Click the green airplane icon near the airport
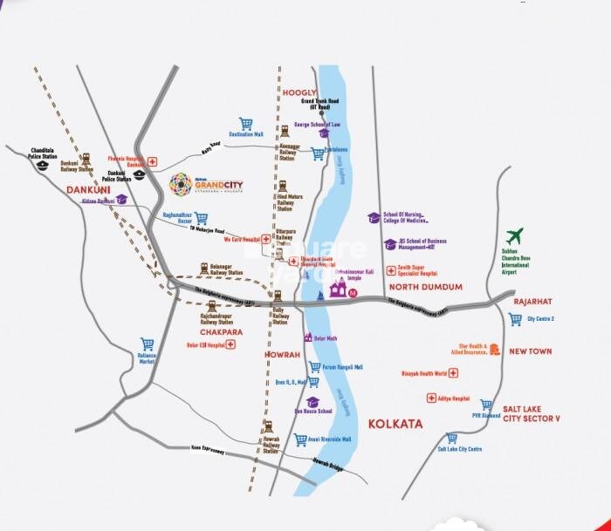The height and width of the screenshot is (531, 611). [x=514, y=235]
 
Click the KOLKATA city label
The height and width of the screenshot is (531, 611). [x=395, y=424]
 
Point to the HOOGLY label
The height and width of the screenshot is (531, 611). [x=299, y=92]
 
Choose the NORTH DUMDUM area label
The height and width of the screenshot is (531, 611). [x=426, y=287]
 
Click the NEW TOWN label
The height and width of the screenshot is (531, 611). [x=531, y=351]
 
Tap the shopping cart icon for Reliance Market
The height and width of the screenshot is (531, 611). [x=148, y=344]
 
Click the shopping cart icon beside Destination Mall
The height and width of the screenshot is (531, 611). [x=246, y=124]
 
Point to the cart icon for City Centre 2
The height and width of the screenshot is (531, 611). [x=515, y=319]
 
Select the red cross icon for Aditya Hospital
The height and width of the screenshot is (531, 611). [x=431, y=398]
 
